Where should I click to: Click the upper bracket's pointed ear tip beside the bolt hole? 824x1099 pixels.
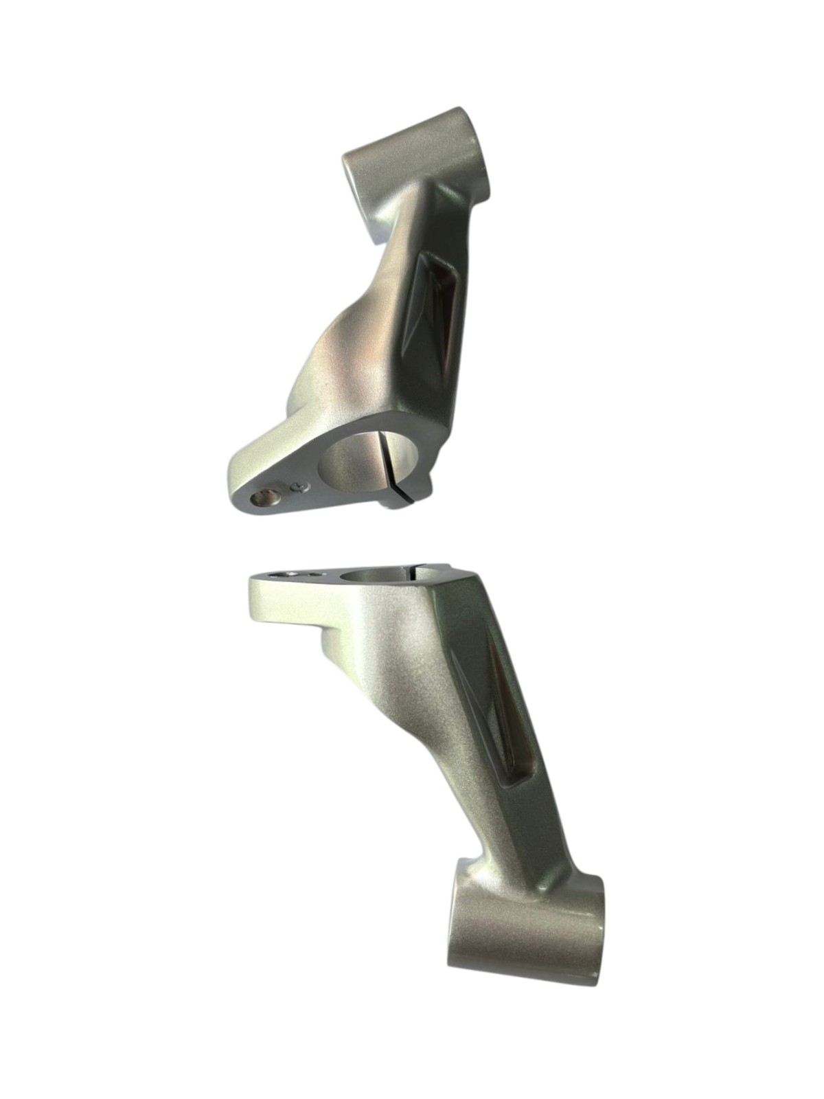237,484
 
